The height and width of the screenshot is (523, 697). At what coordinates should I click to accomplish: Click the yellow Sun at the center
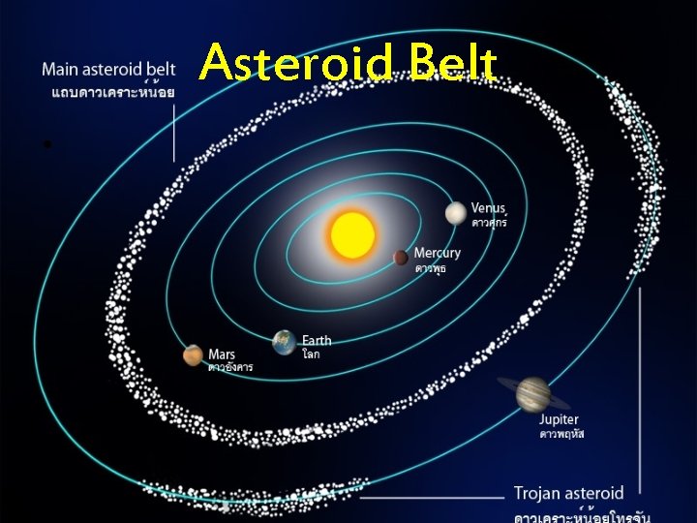pos(351,235)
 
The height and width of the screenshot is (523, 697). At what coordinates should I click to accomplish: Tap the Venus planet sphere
pos(456,213)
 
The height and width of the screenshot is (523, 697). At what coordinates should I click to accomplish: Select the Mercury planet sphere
pos(401,257)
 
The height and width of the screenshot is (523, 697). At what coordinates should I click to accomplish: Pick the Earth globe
pos(284,342)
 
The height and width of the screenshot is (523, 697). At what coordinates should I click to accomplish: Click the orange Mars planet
pos(194,355)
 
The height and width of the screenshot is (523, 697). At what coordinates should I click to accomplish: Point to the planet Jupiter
pos(531,392)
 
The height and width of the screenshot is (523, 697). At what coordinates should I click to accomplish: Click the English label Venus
pos(489,208)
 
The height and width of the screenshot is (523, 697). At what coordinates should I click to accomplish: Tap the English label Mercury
pos(438,253)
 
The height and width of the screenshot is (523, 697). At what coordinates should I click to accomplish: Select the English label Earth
pos(317,340)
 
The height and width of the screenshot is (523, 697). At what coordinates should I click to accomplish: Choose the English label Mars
pos(222,354)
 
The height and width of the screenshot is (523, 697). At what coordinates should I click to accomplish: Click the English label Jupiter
pos(560,419)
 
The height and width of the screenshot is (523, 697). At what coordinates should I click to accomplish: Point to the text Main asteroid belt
pos(108,70)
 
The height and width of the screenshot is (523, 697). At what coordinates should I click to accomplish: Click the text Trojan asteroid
pos(568,493)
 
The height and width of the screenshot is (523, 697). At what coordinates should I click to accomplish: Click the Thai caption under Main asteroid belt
pos(108,92)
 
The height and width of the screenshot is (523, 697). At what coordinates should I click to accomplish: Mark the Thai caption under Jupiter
pos(561,434)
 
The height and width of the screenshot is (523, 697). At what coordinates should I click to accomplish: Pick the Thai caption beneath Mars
pos(230,367)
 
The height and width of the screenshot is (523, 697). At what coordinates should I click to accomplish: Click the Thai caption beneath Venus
pos(489,223)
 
